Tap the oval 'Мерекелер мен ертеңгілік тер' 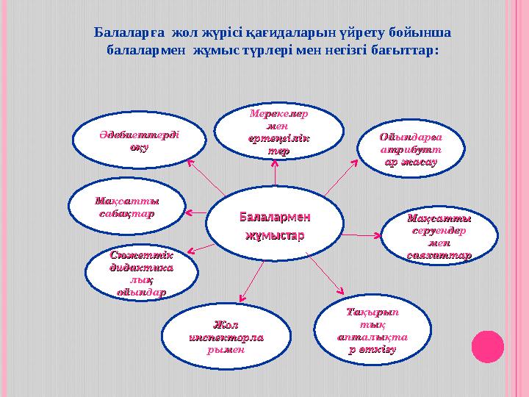pyautogui.click(x=279, y=133)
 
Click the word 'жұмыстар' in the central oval pyautogui.click(x=275, y=235)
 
